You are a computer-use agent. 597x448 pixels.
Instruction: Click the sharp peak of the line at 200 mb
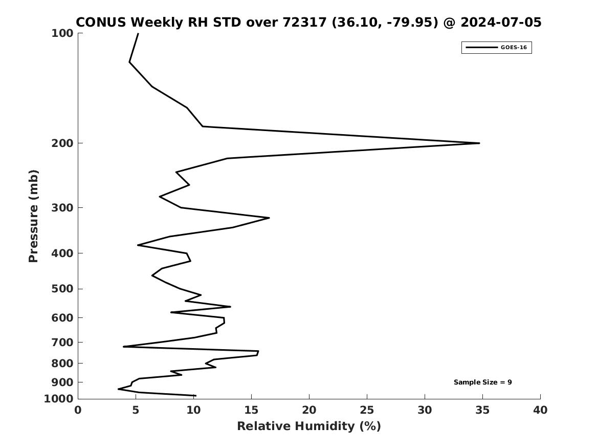tap(479, 143)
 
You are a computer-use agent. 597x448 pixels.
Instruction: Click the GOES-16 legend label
tap(514, 47)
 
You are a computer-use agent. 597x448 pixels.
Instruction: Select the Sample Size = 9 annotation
tap(482, 382)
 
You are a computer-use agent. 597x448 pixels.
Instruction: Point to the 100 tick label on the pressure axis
tap(62, 33)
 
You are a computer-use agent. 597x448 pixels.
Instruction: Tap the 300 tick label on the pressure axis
tap(62, 208)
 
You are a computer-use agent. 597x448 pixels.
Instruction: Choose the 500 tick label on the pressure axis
tap(62, 289)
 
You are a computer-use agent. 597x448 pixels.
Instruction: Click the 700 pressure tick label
tap(62, 342)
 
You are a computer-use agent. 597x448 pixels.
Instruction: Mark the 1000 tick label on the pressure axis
tap(59, 399)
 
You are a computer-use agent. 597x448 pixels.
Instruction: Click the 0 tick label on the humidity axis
tap(78, 410)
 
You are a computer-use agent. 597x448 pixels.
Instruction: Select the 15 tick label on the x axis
tap(251, 410)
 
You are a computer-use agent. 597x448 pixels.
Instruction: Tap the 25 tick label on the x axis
tap(367, 410)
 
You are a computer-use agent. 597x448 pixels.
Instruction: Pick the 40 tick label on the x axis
tap(540, 410)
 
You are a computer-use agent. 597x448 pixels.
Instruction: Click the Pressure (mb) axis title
tap(33, 216)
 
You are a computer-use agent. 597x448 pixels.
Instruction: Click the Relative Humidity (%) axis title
tap(309, 426)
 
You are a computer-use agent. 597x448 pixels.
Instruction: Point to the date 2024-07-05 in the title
tap(501, 23)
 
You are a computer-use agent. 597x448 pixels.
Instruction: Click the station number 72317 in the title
tap(304, 23)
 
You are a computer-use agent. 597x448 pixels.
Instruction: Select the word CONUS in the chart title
tap(101, 23)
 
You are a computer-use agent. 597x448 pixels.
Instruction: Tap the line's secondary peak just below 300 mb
tap(269, 218)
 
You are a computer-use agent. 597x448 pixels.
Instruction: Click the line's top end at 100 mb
tap(138, 33)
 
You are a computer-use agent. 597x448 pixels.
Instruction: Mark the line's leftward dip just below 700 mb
tap(123, 346)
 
